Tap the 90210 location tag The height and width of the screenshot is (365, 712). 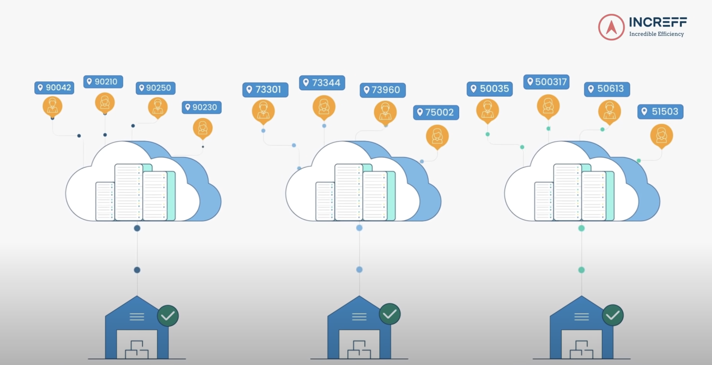(103, 82)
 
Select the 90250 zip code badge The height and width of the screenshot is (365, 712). (155, 88)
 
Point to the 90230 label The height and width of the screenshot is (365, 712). (201, 107)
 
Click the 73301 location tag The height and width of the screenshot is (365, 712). (265, 90)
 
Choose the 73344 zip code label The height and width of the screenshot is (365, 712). (322, 83)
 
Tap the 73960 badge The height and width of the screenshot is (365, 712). (383, 90)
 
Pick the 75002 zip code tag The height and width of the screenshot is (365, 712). (436, 112)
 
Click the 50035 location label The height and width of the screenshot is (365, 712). (489, 89)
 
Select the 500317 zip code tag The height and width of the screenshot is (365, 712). (546, 82)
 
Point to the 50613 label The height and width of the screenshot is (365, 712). (607, 89)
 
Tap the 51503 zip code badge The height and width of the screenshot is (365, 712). (660, 112)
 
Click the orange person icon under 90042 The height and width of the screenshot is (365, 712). (53, 106)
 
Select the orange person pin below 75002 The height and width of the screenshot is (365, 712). (437, 136)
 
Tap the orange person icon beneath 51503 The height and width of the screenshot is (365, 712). (662, 135)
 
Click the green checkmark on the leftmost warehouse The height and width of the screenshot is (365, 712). (168, 316)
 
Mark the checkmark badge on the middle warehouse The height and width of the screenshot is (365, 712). (390, 314)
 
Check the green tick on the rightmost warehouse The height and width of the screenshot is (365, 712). (612, 315)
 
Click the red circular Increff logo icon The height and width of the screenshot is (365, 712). (611, 27)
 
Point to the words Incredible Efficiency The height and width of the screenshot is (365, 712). (656, 34)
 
